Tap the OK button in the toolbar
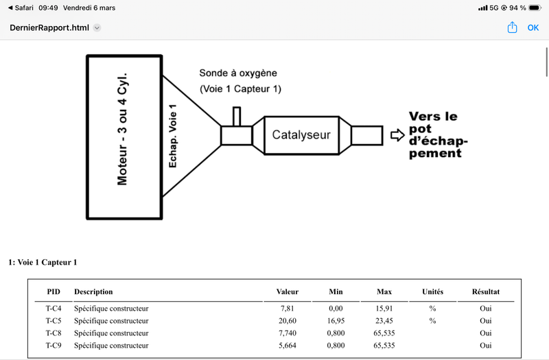[x=533, y=28]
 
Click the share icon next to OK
[x=512, y=28]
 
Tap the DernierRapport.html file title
[x=49, y=28]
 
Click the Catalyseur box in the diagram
[x=301, y=135]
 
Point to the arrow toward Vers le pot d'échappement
[x=397, y=135]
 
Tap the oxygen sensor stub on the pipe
[x=237, y=117]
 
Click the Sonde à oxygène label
[x=237, y=73]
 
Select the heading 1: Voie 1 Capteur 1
[x=43, y=262]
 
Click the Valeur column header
[x=287, y=292]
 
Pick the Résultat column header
[x=486, y=292]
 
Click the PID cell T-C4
[x=54, y=309]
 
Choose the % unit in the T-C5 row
[x=432, y=321]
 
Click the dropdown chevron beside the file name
[x=97, y=28]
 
